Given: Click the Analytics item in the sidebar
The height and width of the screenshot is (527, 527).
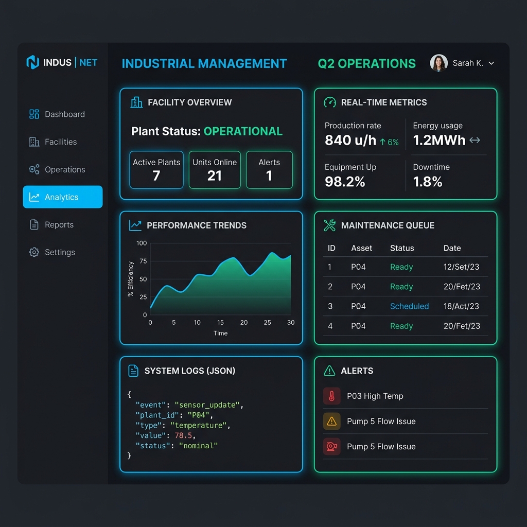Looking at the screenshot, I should [x=62, y=197].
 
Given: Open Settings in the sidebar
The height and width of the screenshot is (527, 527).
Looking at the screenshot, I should [x=60, y=252].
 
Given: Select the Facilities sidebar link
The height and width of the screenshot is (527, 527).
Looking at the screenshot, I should [x=60, y=142].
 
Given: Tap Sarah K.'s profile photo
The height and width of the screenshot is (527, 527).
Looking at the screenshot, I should [x=438, y=63].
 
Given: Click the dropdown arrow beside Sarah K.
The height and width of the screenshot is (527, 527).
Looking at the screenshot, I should [x=491, y=63].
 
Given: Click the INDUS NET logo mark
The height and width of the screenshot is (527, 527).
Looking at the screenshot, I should [x=33, y=63].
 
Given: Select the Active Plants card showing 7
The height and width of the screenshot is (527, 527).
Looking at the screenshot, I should [x=156, y=170].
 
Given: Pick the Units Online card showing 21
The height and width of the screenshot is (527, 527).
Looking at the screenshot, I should [x=215, y=170].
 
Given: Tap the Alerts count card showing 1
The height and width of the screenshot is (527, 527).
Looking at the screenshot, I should [x=269, y=170].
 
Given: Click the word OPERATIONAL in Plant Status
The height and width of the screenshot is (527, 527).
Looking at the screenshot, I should [x=243, y=131].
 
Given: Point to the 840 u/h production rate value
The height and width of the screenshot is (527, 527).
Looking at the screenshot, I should [x=350, y=140].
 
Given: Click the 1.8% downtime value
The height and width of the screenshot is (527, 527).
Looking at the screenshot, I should [x=428, y=182].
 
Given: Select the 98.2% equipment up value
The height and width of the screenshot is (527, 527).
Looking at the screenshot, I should [x=345, y=182].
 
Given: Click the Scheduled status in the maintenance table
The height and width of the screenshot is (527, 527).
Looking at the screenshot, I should [x=409, y=306].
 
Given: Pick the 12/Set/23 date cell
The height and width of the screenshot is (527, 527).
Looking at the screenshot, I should [x=462, y=267].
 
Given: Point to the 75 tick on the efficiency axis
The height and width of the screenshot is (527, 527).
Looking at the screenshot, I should [x=143, y=261].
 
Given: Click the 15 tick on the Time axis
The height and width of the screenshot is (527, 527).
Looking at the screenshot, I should [x=220, y=323].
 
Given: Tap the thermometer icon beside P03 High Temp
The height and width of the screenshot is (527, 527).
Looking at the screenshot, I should [x=332, y=396].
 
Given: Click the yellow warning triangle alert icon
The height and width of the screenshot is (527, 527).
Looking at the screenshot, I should [x=332, y=421].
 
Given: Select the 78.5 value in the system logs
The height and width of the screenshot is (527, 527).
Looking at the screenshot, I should [x=184, y=435].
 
